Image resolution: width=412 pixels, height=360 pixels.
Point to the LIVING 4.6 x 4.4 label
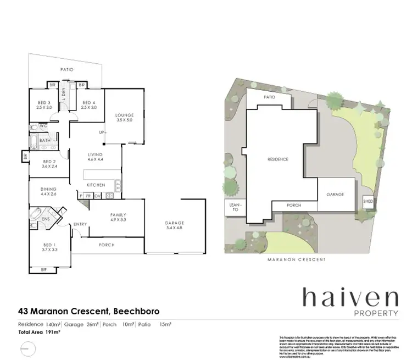point(96,157)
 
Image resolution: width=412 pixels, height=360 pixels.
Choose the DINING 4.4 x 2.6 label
point(48,192)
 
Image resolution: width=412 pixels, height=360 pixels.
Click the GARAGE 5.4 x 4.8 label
point(174,226)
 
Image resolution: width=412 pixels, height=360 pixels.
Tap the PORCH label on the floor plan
point(105,245)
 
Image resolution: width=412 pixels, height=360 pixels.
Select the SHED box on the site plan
point(368,202)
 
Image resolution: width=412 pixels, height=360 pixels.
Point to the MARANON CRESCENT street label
point(296,259)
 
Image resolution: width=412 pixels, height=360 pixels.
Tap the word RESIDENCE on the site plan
point(277,159)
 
